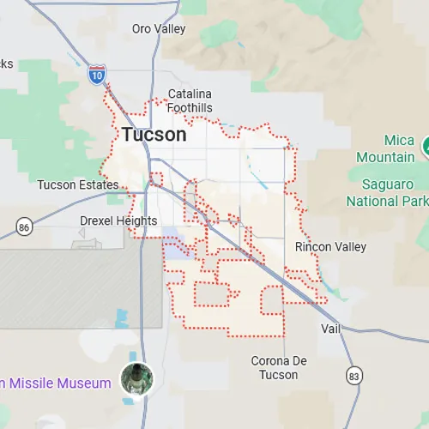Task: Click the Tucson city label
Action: pyautogui.click(x=154, y=135)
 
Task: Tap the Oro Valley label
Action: pyautogui.click(x=159, y=28)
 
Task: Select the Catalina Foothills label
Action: pyautogui.click(x=190, y=101)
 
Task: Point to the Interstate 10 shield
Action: pyautogui.click(x=97, y=75)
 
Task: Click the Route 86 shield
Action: pyautogui.click(x=24, y=227)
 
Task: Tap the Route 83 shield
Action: pyautogui.click(x=354, y=376)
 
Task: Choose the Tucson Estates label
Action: pyautogui.click(x=78, y=185)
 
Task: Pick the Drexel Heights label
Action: pyautogui.click(x=118, y=221)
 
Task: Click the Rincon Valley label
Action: pyautogui.click(x=330, y=247)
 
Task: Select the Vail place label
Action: pyautogui.click(x=331, y=329)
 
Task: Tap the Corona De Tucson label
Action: pyautogui.click(x=280, y=368)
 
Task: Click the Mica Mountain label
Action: pyautogui.click(x=385, y=149)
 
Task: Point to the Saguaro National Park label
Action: pyautogui.click(x=387, y=193)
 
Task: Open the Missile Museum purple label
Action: pyautogui.click(x=58, y=383)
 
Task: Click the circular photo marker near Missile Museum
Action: pyautogui.click(x=136, y=378)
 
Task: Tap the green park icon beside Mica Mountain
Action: pyautogui.click(x=425, y=148)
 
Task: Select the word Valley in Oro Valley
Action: pyautogui.click(x=172, y=28)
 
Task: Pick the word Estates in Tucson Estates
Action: pyautogui.click(x=99, y=185)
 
